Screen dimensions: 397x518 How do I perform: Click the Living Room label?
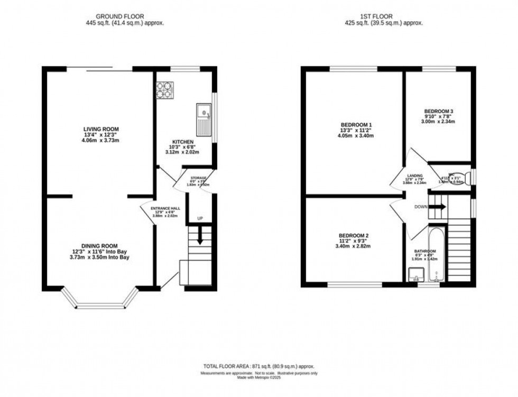(x=100, y=129)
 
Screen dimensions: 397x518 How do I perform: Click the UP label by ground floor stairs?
(x=199, y=218)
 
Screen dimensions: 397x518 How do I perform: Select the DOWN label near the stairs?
(x=421, y=207)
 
